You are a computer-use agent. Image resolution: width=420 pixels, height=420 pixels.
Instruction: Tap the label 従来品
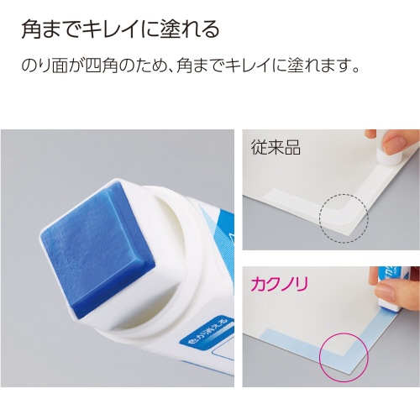[x=276, y=147]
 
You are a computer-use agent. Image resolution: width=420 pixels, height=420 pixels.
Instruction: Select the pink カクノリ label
[x=280, y=284]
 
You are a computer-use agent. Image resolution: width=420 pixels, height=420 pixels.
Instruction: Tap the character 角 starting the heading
[x=30, y=29]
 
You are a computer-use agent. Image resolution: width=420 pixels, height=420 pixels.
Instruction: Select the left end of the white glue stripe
[x=266, y=192]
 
